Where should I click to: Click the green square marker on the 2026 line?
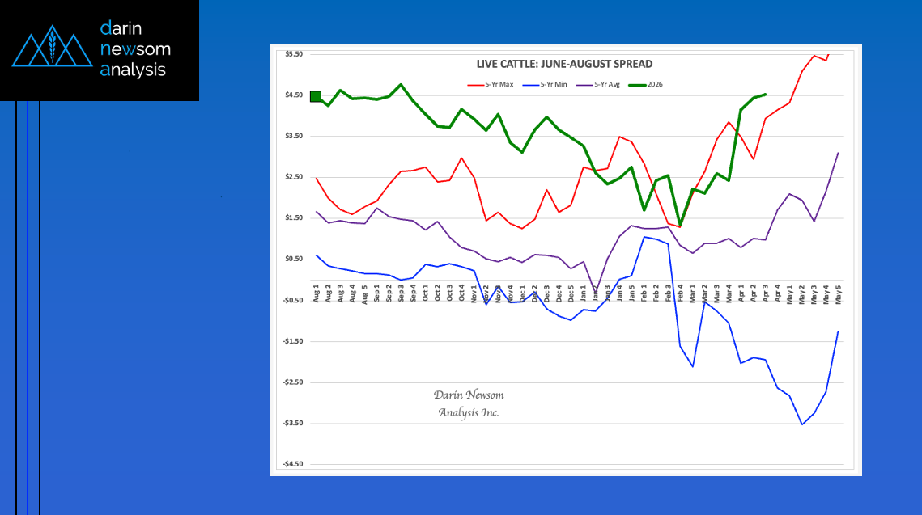(316, 96)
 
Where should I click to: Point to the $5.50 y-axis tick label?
(294, 54)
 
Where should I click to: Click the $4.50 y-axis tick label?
(294, 95)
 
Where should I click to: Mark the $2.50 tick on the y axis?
(294, 177)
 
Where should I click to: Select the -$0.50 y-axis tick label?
(293, 300)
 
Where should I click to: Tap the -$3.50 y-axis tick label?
(293, 423)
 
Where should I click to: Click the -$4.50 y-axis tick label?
(293, 464)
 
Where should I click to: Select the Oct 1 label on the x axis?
(425, 292)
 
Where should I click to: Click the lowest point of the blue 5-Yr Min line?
(802, 424)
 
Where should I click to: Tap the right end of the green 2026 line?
(766, 94)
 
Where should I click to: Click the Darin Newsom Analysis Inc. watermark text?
(469, 403)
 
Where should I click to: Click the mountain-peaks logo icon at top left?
(51, 49)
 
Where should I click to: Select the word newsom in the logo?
(135, 49)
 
